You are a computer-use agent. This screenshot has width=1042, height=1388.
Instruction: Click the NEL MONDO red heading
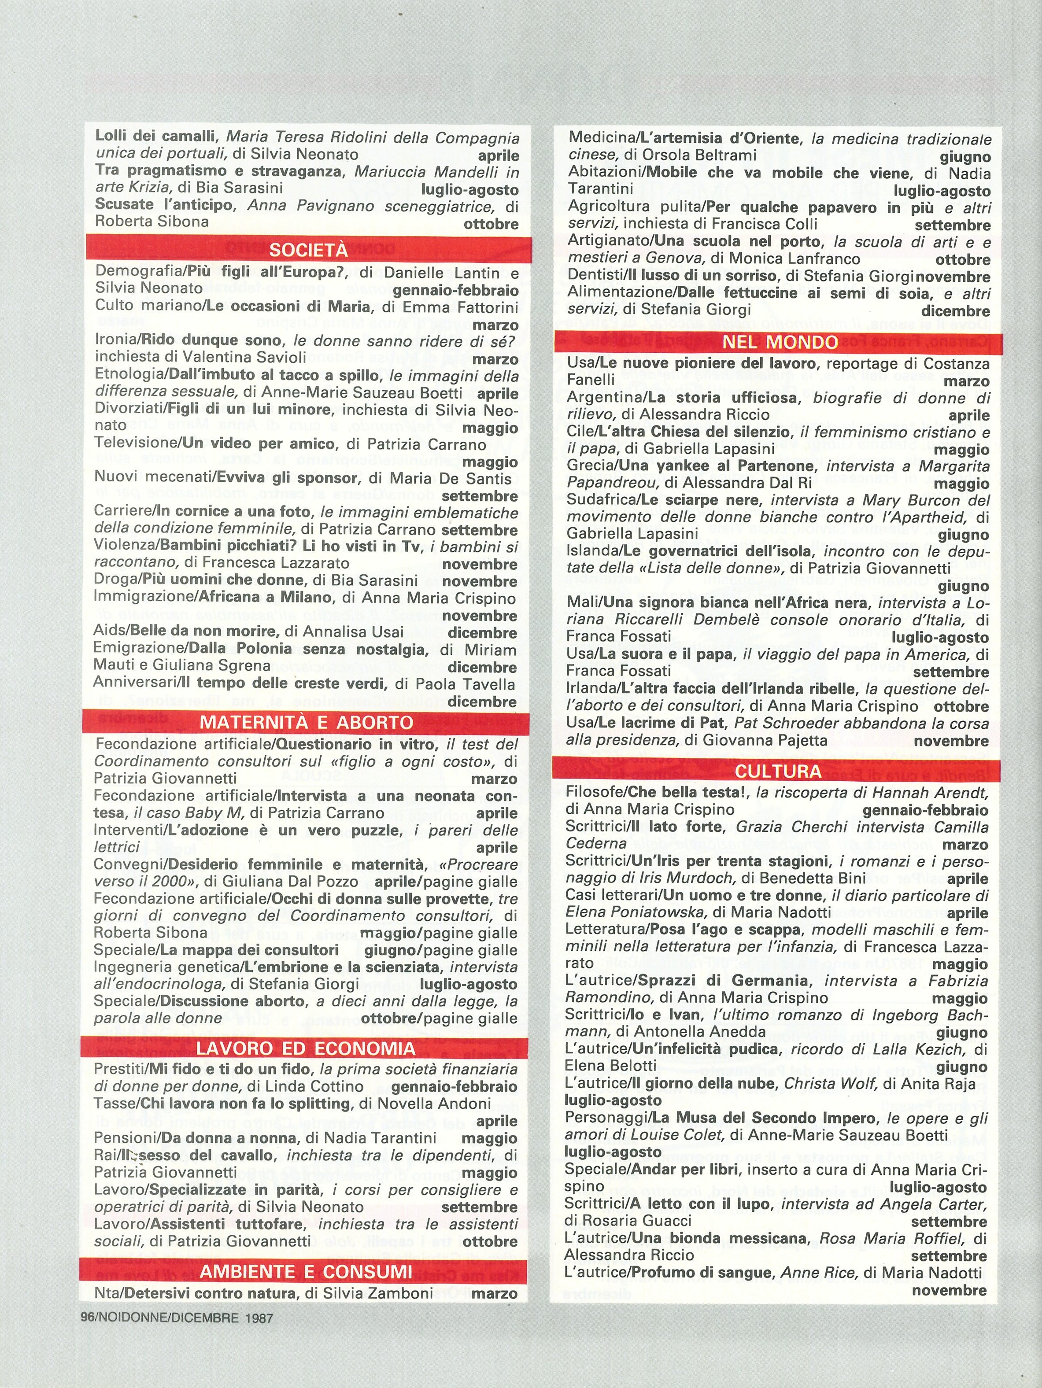point(780,343)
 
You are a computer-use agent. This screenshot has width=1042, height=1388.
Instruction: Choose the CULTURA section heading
point(778,771)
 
